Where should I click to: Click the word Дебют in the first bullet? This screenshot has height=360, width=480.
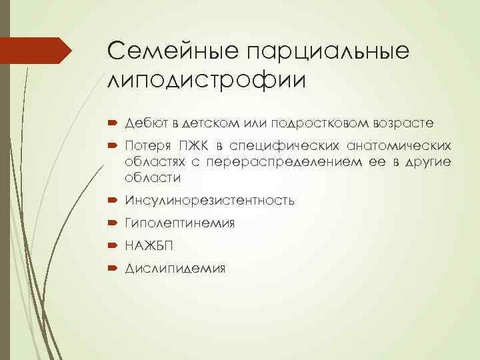coord(142,123)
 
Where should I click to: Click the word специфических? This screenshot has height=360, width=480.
coord(273,146)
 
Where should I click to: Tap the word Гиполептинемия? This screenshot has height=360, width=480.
coord(179,223)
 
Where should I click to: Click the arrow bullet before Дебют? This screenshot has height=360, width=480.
coord(110,124)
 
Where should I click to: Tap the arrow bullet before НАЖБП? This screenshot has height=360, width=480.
coord(110,247)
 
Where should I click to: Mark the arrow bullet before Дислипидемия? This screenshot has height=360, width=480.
coord(110,269)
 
